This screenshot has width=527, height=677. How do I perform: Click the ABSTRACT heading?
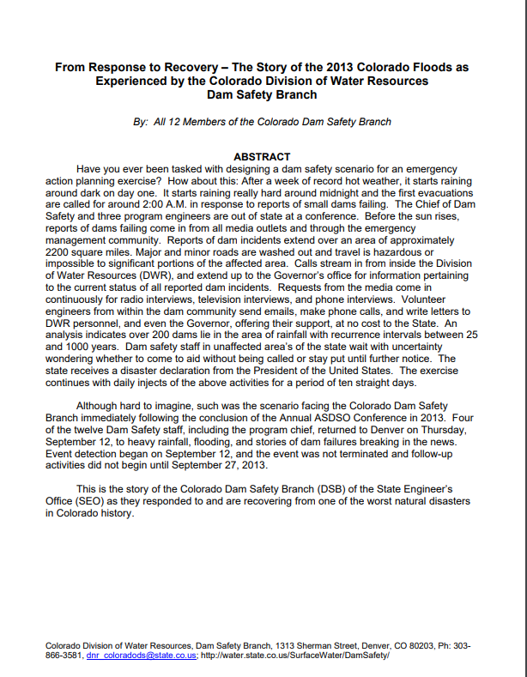(263, 157)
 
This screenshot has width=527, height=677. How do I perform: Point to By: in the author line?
(141, 122)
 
